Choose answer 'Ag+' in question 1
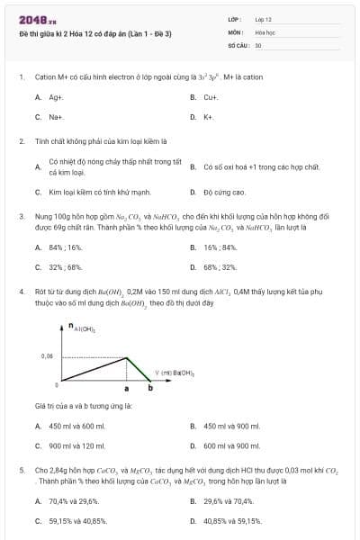click(56, 96)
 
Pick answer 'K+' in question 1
click(208, 117)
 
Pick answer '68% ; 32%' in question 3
click(220, 267)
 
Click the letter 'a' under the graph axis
click(126, 389)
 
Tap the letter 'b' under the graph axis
click(149, 389)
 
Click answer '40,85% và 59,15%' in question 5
click(232, 520)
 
